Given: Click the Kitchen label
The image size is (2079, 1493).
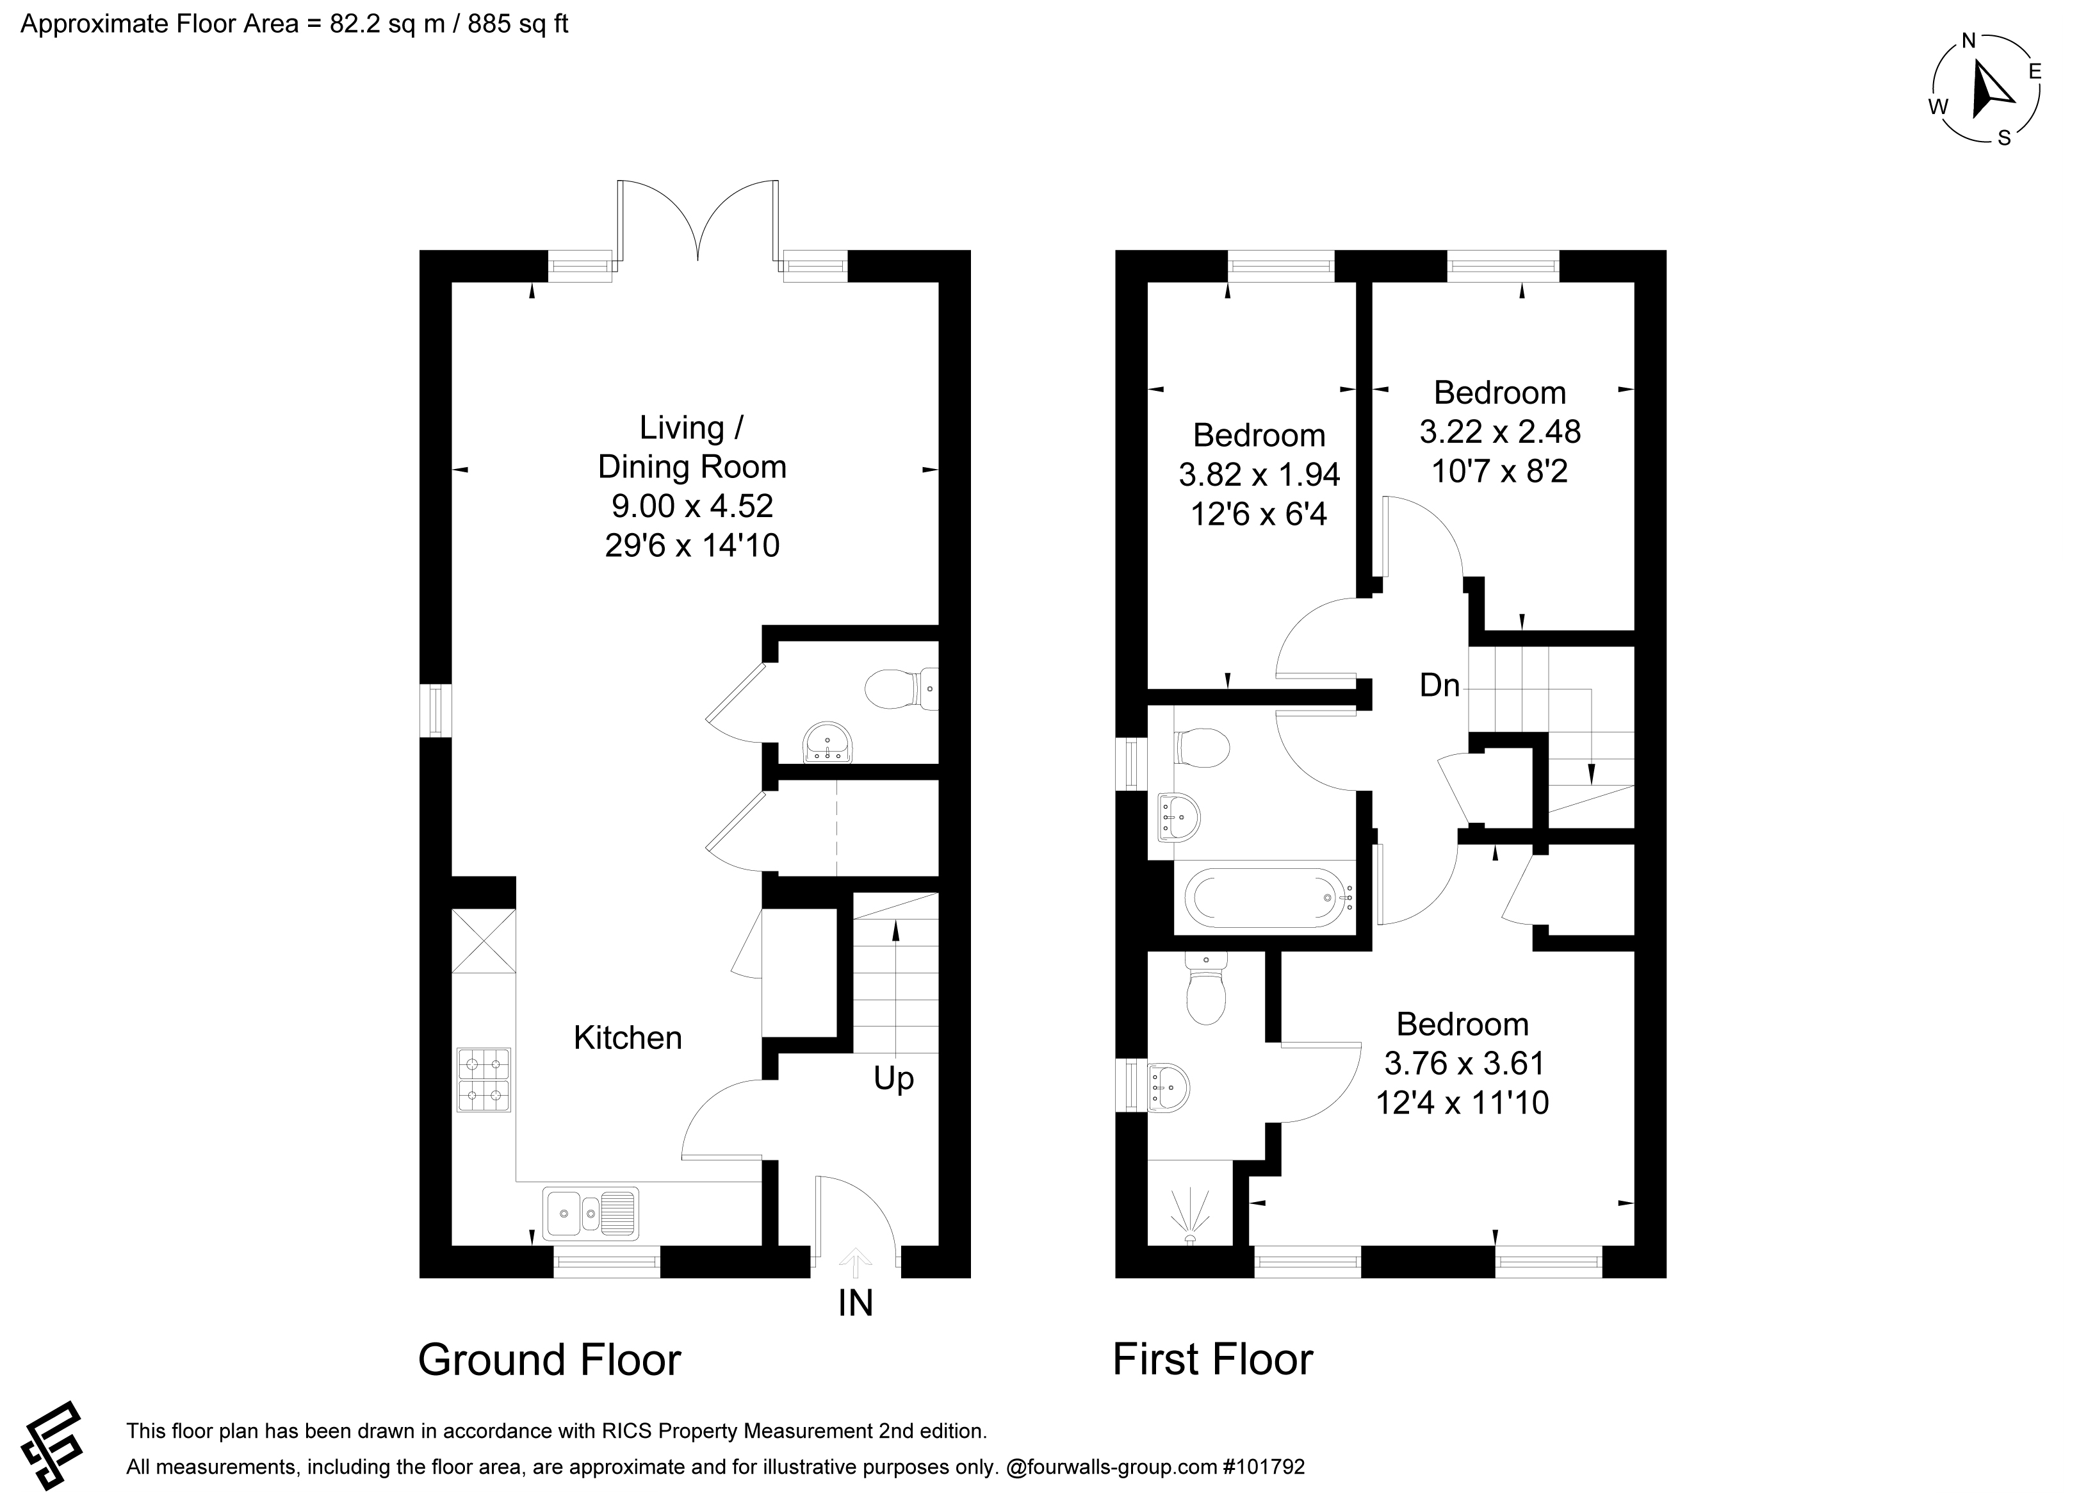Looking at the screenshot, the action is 628,1038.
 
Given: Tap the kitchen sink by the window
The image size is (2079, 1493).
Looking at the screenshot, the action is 591,1213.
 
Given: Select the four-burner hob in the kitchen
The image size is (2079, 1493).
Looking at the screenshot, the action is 484,1080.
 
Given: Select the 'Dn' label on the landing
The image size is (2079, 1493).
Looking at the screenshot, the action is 1439,685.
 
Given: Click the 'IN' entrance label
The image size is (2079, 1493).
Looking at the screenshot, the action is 855,1303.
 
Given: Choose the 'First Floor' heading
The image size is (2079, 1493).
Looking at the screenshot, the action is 1213,1360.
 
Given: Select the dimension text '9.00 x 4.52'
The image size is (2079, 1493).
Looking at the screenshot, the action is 692,506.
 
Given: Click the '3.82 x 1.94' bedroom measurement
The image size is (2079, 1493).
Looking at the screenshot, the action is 1259,474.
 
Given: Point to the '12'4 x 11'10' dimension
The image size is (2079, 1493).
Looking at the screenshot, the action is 1462,1101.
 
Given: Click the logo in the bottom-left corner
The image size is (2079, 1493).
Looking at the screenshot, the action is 53,1446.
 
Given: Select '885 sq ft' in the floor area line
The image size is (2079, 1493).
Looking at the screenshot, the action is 518,24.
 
